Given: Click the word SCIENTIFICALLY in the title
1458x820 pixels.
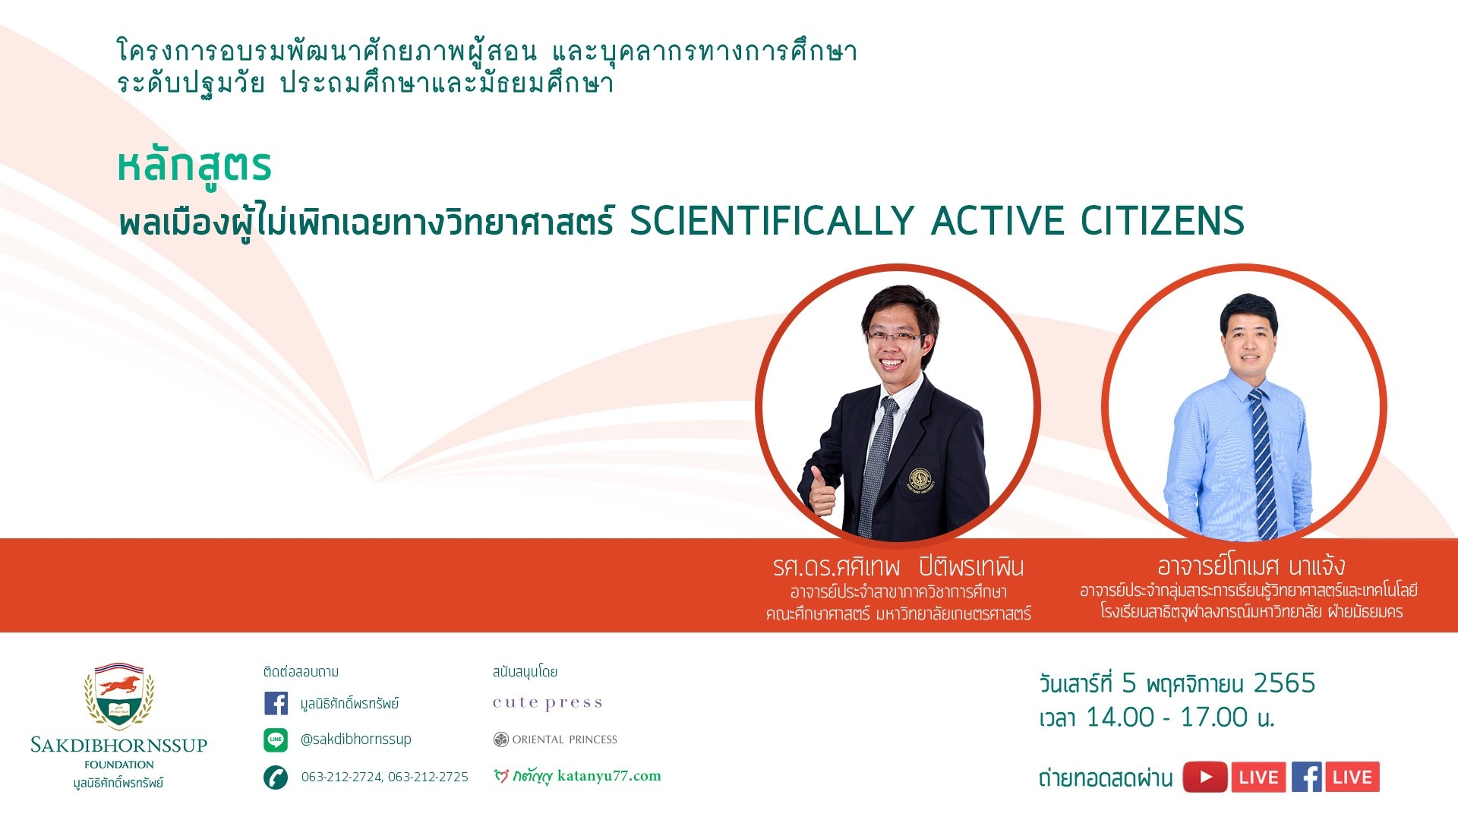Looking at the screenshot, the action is (771, 221).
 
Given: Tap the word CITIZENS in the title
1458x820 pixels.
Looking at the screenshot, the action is (1162, 221).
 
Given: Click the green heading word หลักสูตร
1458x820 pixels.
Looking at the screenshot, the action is (194, 168).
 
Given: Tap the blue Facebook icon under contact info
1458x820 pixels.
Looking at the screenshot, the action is (276, 703).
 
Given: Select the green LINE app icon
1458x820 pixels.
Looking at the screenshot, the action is (276, 740).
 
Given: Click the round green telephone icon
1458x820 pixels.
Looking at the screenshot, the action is (276, 777).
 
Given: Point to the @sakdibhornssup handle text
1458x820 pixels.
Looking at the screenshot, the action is (356, 740).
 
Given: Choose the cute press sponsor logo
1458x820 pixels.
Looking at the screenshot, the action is (548, 703).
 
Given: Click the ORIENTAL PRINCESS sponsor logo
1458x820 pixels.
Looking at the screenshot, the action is (555, 740).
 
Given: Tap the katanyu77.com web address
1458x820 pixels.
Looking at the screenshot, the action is (609, 776).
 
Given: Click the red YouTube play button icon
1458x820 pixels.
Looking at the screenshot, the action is (1205, 777).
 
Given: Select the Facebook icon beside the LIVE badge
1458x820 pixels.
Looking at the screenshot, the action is (1307, 777).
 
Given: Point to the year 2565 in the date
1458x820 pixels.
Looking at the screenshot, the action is (1284, 683).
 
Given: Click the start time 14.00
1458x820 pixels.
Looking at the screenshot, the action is (1120, 717).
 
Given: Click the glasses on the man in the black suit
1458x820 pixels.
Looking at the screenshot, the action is (896, 336).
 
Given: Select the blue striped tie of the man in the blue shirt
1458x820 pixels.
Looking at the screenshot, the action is (1264, 463).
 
